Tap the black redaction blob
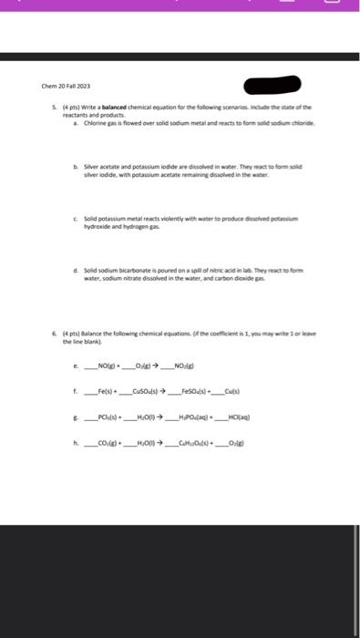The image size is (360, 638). coord(277,87)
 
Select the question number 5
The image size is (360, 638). coord(54,108)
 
